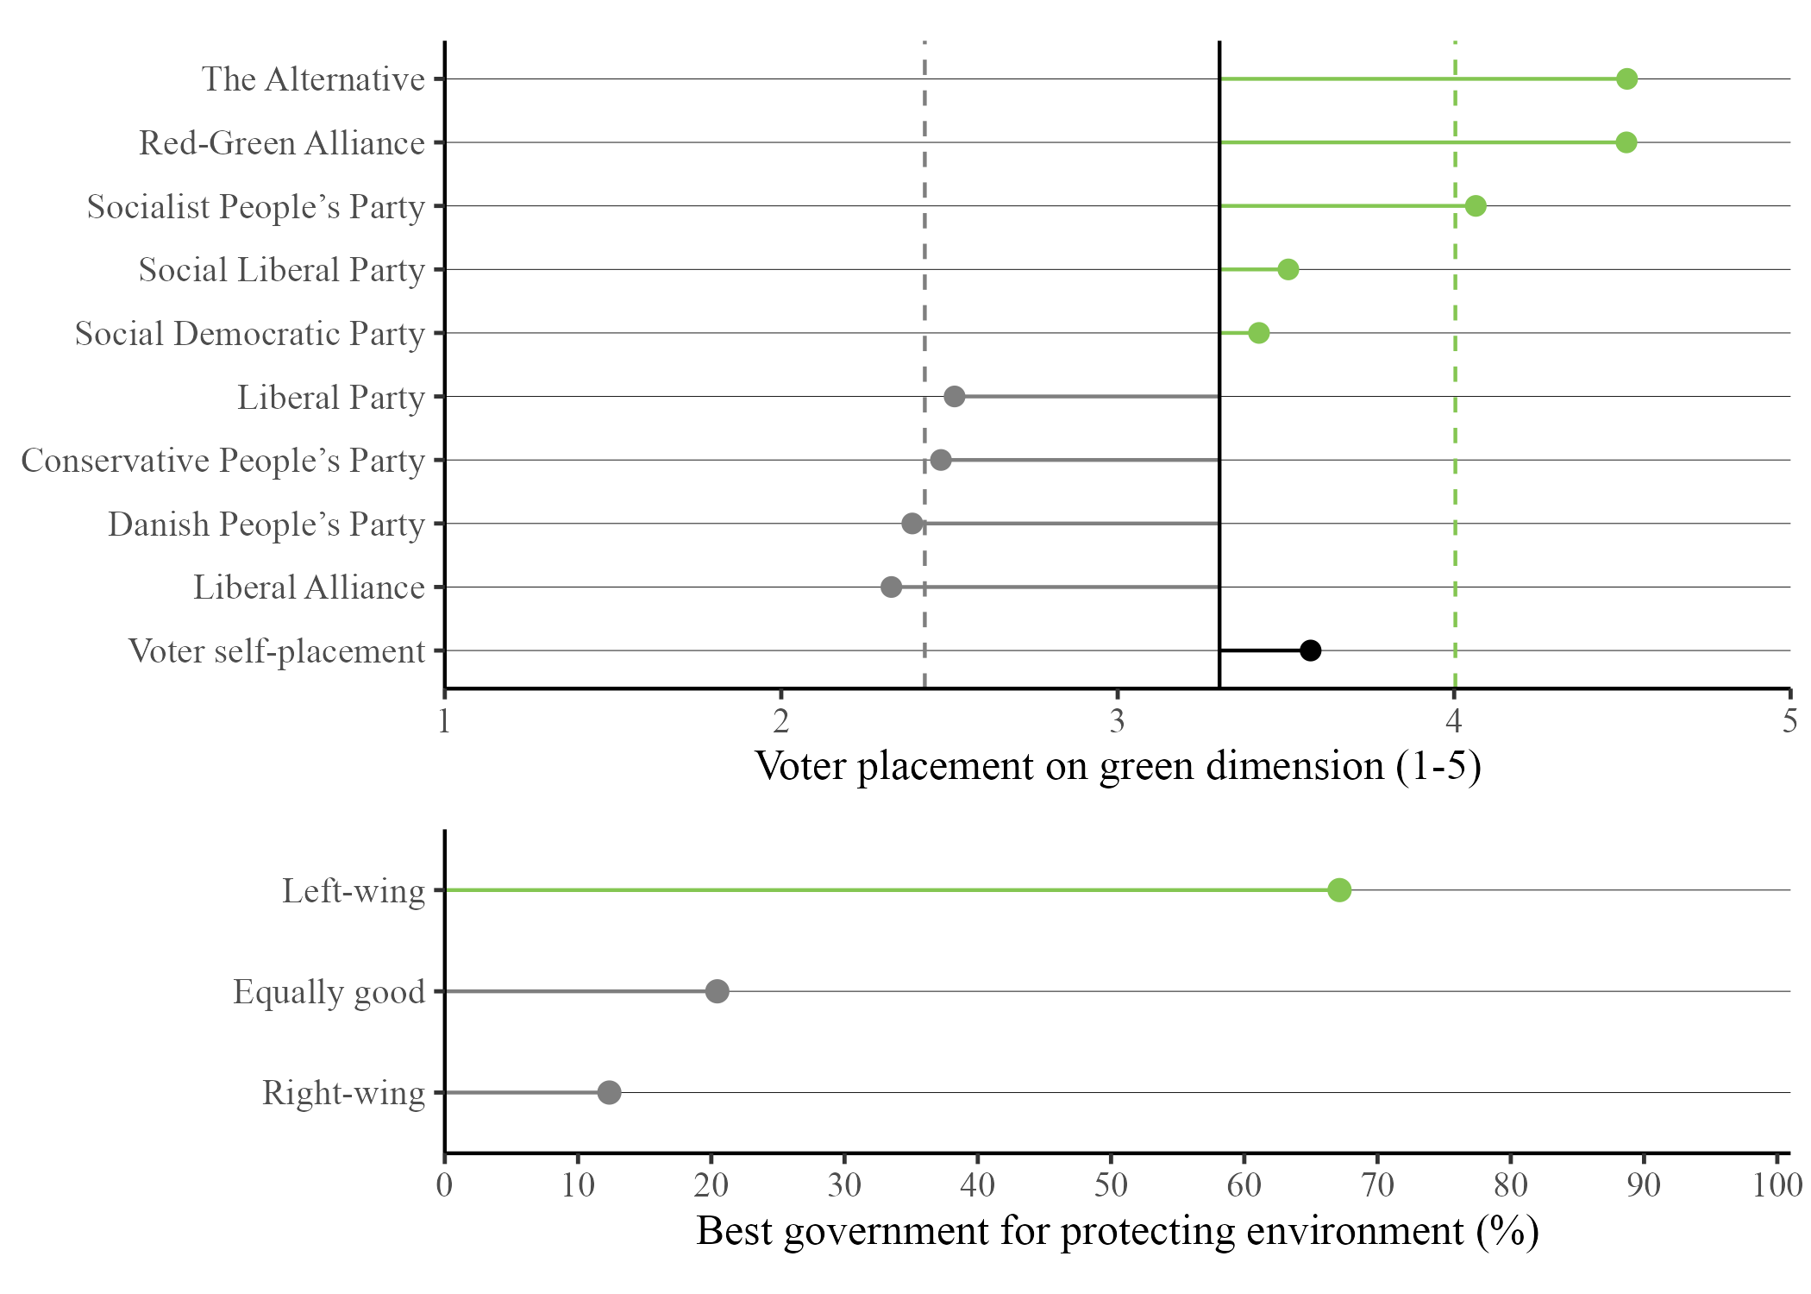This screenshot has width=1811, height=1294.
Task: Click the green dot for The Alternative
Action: tap(1626, 79)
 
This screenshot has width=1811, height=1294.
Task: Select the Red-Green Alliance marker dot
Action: tap(1626, 142)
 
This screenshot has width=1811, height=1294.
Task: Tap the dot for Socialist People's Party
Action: tap(1476, 206)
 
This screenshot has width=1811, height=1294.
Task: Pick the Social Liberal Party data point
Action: tap(1288, 270)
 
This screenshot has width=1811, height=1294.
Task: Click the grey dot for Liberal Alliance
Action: tap(891, 587)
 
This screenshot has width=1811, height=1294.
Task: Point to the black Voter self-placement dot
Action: tap(1310, 650)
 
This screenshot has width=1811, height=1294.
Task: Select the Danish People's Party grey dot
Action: tap(912, 524)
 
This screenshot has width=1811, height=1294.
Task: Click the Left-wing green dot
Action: tap(1339, 890)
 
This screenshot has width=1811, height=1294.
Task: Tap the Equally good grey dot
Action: tap(717, 991)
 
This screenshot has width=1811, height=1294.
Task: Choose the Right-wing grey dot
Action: tap(609, 1093)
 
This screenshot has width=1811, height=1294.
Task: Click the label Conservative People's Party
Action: tap(222, 461)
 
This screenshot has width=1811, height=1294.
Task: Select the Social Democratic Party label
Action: tap(249, 334)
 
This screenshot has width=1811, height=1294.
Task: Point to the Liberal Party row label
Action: tap(330, 398)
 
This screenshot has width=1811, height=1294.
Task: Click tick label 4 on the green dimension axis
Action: tap(1454, 721)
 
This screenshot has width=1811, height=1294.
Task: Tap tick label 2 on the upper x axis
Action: tap(780, 721)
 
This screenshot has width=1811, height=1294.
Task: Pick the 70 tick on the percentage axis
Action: tap(1377, 1185)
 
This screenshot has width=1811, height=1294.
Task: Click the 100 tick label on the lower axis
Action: tap(1777, 1185)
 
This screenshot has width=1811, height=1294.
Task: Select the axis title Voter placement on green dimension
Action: tap(1118, 766)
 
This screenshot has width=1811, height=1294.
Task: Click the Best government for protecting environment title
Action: tap(1118, 1231)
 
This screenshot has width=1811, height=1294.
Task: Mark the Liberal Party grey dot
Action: tap(954, 397)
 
